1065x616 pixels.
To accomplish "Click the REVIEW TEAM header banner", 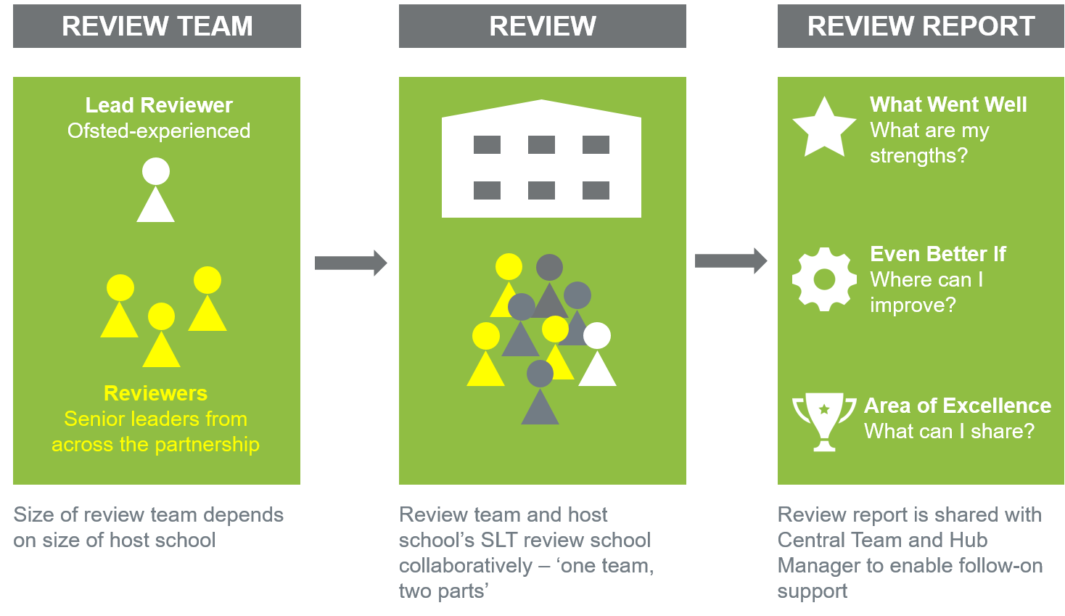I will [x=157, y=26].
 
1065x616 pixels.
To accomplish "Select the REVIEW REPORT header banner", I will [x=921, y=26].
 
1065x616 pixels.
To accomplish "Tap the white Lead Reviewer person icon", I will [x=156, y=191].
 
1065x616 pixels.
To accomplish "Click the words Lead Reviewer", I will [x=159, y=105].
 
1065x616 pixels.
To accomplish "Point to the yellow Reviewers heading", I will [x=155, y=393].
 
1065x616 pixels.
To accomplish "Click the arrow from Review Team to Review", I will [x=351, y=263].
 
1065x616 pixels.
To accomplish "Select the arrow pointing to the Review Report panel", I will [x=731, y=261].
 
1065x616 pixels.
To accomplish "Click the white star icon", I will [x=824, y=128].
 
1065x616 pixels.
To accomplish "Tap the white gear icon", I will [x=824, y=279].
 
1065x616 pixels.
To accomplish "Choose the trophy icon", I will [x=824, y=421].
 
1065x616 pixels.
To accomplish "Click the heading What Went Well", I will [x=948, y=104].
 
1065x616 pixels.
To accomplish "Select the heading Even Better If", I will [x=938, y=254].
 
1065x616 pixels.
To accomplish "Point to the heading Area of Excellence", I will [x=958, y=406].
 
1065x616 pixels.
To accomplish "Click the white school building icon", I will [x=541, y=160].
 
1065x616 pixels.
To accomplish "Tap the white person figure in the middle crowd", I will [x=597, y=356].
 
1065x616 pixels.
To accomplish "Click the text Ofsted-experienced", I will [x=159, y=131].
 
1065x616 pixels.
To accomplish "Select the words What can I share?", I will [x=949, y=431].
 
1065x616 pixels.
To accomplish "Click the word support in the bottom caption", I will [x=812, y=591].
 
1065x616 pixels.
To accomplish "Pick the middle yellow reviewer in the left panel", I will [x=161, y=336].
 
